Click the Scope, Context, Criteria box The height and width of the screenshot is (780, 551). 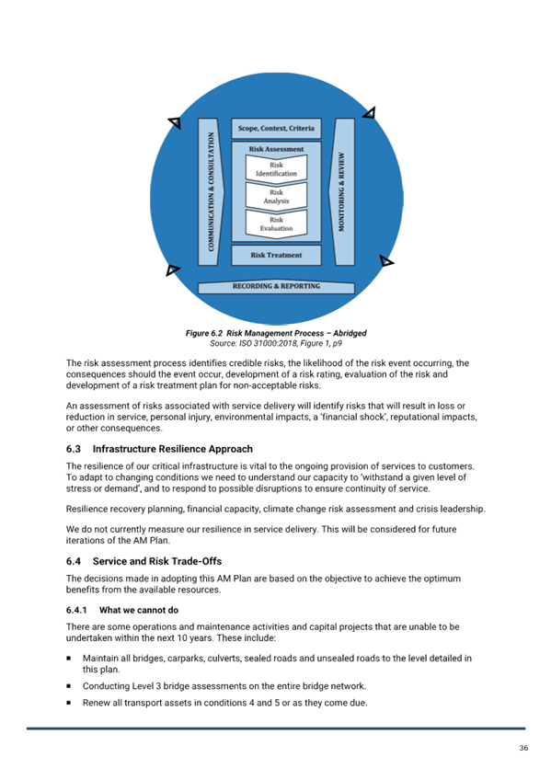click(276, 129)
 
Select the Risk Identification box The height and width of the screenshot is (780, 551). click(276, 168)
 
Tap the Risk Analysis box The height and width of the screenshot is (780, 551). click(276, 196)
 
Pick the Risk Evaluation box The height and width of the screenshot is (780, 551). click(276, 224)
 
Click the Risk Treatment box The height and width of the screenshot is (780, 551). click(276, 255)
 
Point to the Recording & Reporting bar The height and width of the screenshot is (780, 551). click(276, 287)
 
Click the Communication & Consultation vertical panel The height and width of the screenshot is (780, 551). click(211, 191)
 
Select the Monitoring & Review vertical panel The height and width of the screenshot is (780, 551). click(341, 191)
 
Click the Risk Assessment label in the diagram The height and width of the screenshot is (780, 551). click(276, 149)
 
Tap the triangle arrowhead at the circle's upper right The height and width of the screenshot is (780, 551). click(370, 113)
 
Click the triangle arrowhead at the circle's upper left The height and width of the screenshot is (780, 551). click(175, 121)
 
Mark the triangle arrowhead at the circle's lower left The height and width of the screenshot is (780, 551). click(172, 270)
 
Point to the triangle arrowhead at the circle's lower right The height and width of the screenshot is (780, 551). click(386, 261)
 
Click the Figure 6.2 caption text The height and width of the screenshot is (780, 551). click(276, 333)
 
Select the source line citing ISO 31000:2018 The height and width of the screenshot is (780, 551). click(276, 343)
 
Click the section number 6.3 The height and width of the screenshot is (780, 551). click(73, 449)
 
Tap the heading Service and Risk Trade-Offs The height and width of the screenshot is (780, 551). click(157, 561)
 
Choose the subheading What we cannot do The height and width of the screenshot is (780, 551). click(139, 610)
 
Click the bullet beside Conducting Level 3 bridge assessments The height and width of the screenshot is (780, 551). click(69, 686)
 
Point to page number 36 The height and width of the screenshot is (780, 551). click(523, 748)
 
